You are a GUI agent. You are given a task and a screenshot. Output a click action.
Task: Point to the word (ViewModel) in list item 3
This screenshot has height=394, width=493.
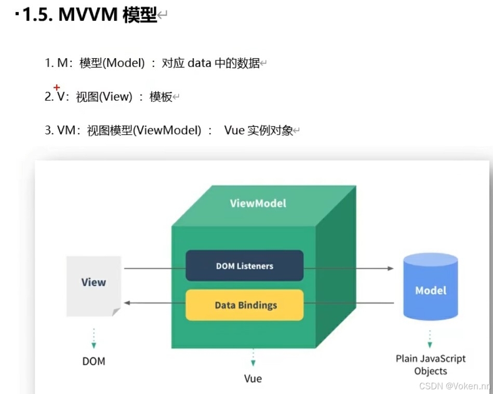tap(167, 130)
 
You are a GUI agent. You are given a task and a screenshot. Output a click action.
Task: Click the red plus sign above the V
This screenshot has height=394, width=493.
tap(57, 87)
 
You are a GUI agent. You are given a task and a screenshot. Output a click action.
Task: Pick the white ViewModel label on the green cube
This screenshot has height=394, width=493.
tap(258, 203)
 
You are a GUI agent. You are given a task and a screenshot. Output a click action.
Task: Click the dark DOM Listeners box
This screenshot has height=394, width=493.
tap(244, 266)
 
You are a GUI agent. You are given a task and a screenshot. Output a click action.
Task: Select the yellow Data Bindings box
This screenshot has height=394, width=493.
tap(244, 305)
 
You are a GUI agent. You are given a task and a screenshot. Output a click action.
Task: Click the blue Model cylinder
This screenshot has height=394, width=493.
tap(431, 287)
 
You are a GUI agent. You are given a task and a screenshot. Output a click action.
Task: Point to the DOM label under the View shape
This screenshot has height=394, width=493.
tap(94, 361)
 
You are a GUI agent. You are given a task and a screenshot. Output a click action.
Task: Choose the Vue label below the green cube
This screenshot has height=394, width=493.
tap(253, 378)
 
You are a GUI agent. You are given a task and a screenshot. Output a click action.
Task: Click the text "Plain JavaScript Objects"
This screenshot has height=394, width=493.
tap(431, 364)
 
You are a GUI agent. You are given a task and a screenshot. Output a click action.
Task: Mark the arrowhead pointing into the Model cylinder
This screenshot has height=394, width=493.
tap(391, 268)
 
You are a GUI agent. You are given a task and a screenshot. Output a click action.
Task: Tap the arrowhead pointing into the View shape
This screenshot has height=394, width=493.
tap(126, 303)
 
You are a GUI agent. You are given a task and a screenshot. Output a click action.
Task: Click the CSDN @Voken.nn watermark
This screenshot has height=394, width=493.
tap(454, 386)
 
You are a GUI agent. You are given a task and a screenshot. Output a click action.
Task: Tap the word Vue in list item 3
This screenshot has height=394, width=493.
tap(234, 130)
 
